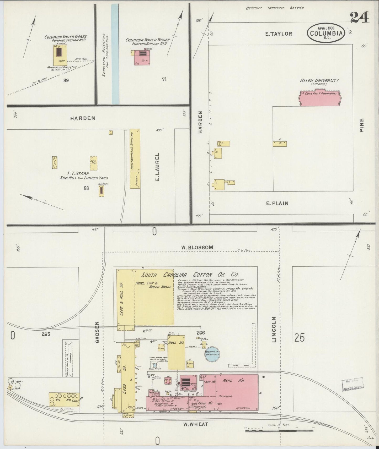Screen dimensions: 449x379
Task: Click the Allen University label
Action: click(319, 81)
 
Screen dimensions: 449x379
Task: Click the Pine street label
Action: click(362, 125)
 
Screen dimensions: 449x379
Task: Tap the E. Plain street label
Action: click(277, 203)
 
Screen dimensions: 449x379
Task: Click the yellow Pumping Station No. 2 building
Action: click(60, 55)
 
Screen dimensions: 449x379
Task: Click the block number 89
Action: click(66, 80)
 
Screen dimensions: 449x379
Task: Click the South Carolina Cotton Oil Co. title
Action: click(190, 275)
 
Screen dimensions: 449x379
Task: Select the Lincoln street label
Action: click(274, 329)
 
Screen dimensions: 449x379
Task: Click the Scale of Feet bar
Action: click(279, 430)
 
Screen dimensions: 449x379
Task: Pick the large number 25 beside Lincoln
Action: click(300, 338)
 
